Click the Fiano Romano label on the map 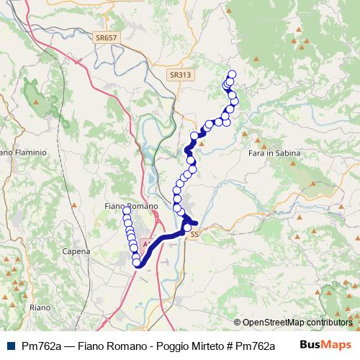click(127, 207)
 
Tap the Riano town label click(40, 307)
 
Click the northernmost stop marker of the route click(232, 73)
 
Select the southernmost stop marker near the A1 click(136, 263)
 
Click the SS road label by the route click(194, 234)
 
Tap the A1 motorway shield click(147, 245)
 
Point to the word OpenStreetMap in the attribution click(273, 323)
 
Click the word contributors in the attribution click(329, 323)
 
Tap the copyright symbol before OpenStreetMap click(238, 323)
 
